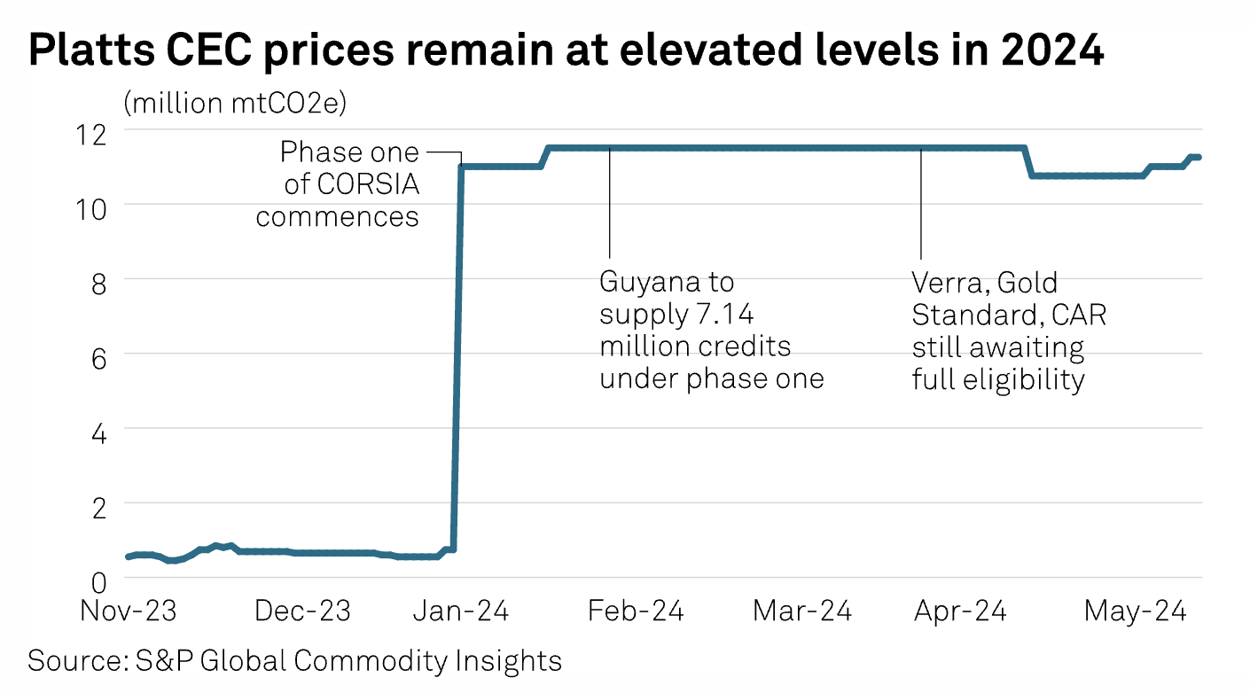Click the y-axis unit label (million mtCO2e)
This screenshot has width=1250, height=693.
236,103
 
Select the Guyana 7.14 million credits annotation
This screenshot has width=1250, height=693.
712,331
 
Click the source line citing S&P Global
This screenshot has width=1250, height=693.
295,661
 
